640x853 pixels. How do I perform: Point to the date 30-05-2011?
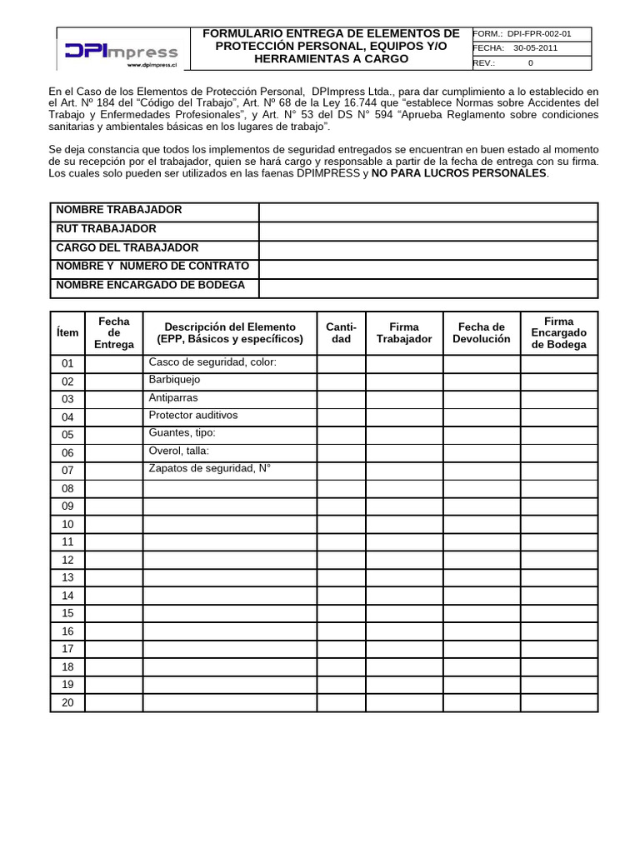pos(535,48)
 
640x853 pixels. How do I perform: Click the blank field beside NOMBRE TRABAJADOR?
pos(428,212)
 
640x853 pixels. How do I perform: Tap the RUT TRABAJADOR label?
pos(106,229)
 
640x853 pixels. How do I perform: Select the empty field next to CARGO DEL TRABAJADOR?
pos(428,250)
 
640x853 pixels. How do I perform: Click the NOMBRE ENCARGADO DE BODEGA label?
pos(150,285)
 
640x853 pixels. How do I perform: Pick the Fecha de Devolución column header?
pos(481,332)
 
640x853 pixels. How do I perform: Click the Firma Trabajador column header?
pos(404,332)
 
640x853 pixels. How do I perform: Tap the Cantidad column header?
pos(341,332)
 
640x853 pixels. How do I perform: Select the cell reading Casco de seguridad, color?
pos(212,362)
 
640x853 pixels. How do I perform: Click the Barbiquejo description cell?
pos(174,380)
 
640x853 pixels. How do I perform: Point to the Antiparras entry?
pos(173,397)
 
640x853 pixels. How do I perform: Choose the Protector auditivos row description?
pos(192,415)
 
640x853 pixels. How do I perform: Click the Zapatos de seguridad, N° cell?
pos(209,468)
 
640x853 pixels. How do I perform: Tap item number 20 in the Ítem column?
pos(67,702)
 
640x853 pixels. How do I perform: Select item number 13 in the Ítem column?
pos(67,577)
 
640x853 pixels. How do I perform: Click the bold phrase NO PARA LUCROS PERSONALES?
pos(459,173)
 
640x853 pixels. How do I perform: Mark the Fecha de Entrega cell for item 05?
pos(114,434)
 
